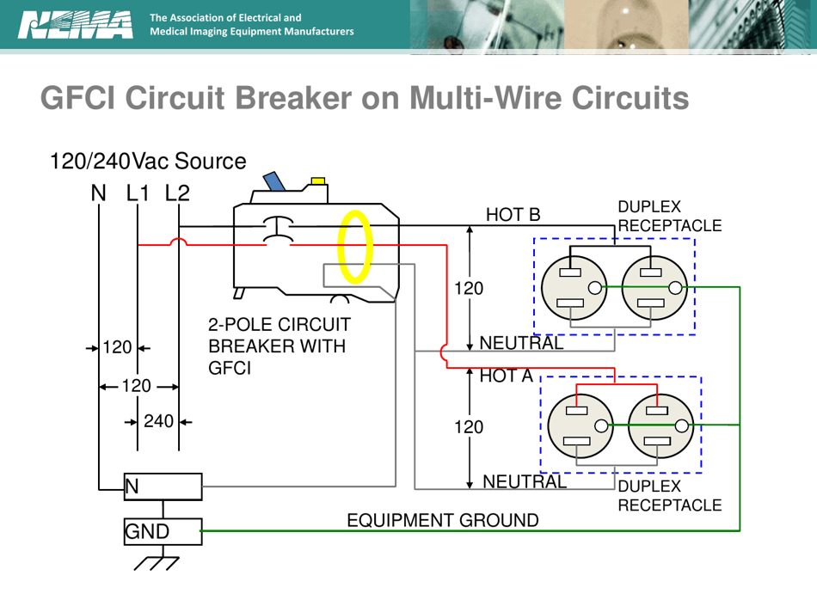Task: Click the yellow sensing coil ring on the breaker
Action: [354, 246]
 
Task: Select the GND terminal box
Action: [163, 531]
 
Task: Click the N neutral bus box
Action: [163, 487]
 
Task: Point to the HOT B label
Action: [513, 214]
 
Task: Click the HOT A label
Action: [507, 375]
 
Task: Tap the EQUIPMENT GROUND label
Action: [442, 520]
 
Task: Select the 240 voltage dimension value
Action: [159, 421]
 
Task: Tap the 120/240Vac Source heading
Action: [148, 161]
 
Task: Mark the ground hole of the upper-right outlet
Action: [675, 288]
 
